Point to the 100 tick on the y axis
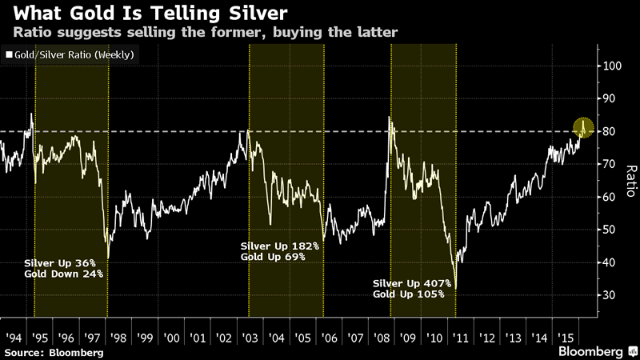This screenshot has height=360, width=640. tap(613, 66)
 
